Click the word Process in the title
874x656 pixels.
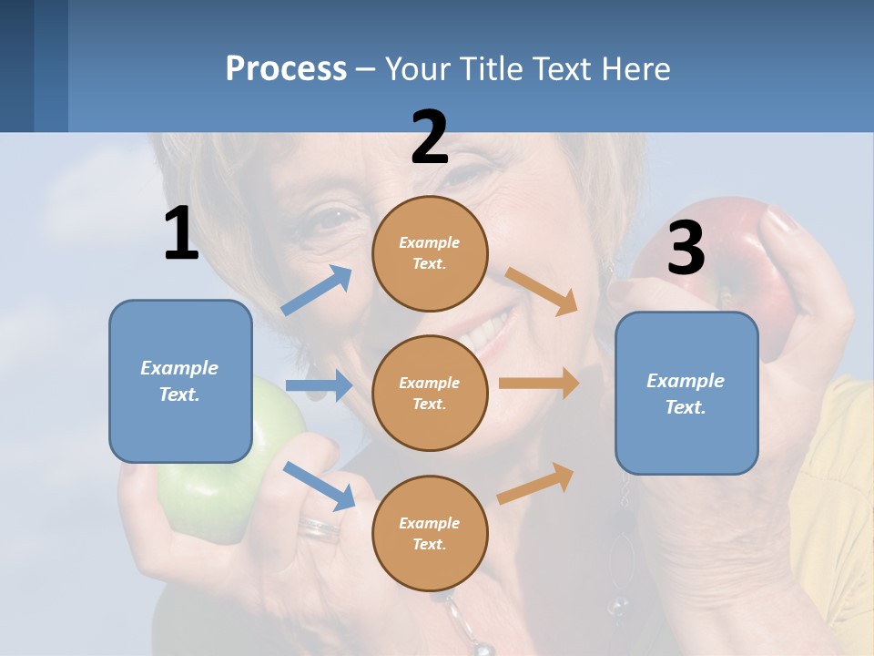click(x=286, y=69)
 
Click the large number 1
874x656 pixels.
click(x=181, y=234)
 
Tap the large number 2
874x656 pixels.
click(x=430, y=138)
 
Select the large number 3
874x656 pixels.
click(x=686, y=248)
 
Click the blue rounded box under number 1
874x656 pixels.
click(x=180, y=381)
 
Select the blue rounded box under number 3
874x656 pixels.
click(x=686, y=394)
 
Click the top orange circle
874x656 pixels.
click(x=430, y=253)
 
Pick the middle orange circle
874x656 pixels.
click(x=430, y=394)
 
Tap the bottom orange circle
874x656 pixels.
click(x=430, y=534)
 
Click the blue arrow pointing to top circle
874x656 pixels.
click(x=317, y=291)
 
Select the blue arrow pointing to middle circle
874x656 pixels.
click(x=319, y=385)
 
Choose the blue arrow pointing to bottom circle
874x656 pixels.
click(x=319, y=486)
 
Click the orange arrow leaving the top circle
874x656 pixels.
click(x=542, y=291)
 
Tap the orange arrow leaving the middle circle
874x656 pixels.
click(x=539, y=384)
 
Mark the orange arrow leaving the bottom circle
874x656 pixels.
click(x=536, y=483)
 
